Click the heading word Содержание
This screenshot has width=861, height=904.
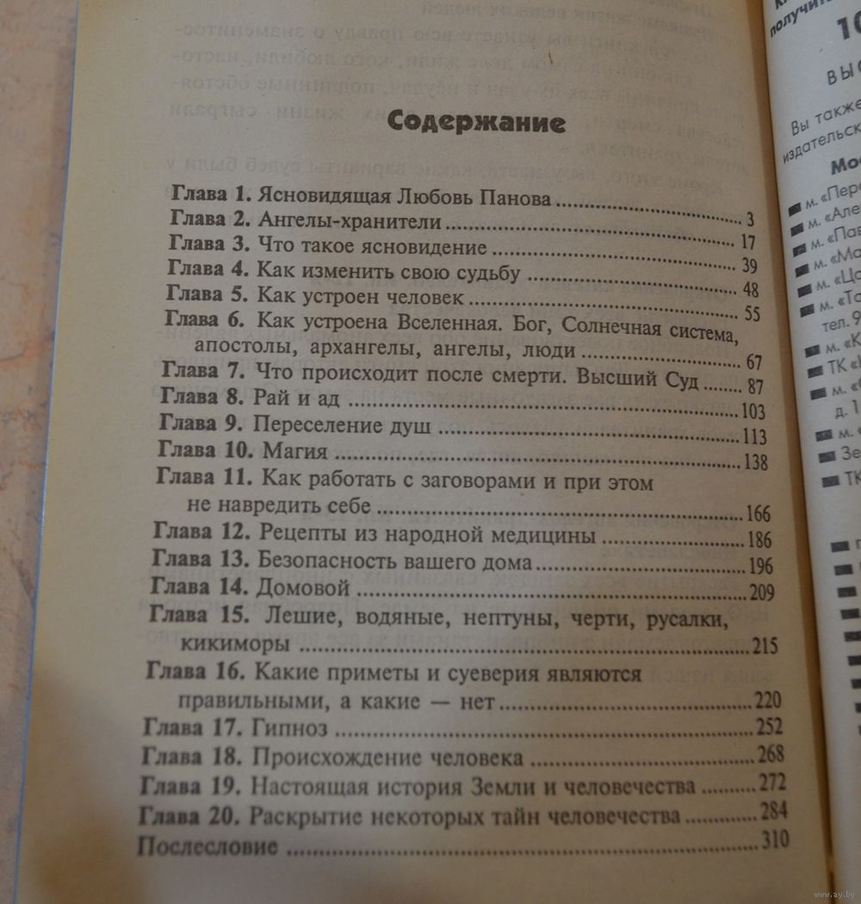[x=476, y=121]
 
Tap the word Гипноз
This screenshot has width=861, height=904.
[x=290, y=728]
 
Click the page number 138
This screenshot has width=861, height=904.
[x=753, y=462]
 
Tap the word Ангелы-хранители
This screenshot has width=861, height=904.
[x=350, y=221]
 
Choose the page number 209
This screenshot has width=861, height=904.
[x=760, y=591]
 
